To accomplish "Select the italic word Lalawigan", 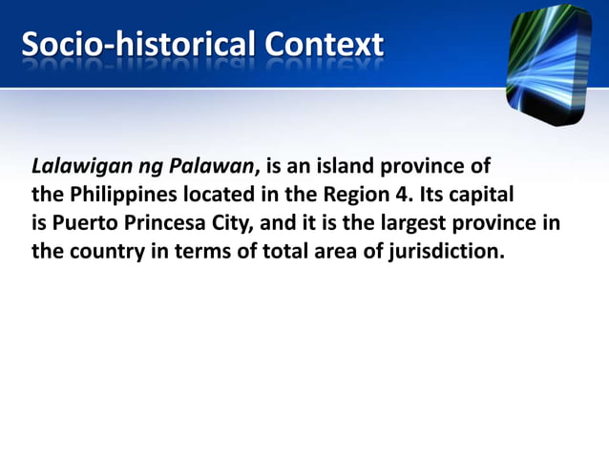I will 81,168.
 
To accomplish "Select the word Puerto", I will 84,225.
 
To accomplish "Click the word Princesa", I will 170,225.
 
